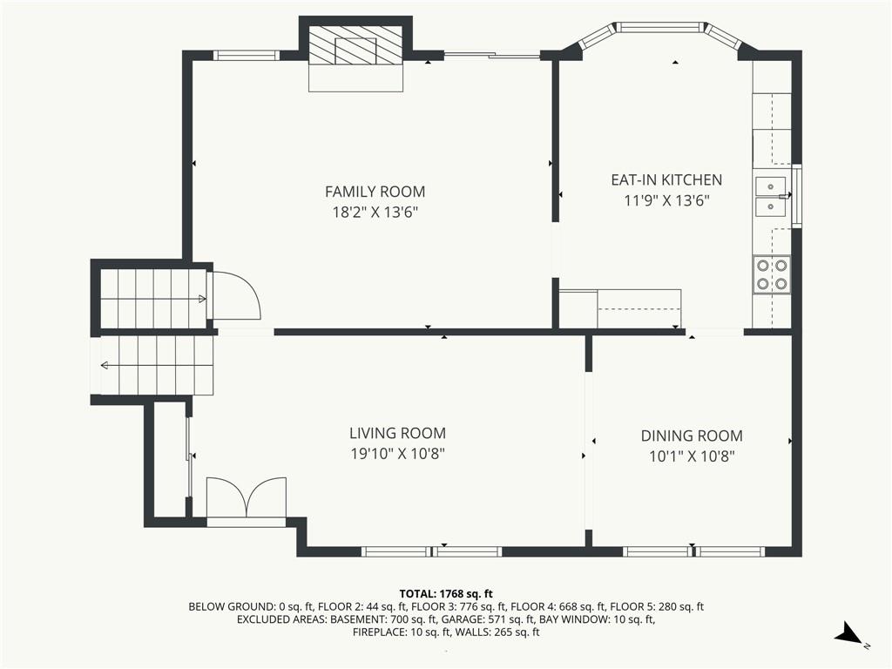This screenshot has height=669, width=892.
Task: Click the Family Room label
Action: click(x=375, y=192)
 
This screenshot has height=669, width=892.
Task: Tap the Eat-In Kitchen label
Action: click(x=666, y=179)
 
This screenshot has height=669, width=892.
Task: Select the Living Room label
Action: click(x=397, y=434)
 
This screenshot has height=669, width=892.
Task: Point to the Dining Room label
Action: click(x=692, y=436)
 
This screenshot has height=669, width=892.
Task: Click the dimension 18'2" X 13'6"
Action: click(x=375, y=213)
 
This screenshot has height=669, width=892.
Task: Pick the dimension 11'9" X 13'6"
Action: click(x=666, y=201)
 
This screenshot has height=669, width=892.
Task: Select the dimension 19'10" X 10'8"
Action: click(x=397, y=454)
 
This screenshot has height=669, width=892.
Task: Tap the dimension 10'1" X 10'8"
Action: click(x=692, y=456)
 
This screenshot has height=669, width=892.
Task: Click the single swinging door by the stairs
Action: click(x=234, y=295)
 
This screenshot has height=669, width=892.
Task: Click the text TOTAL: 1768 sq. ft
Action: click(x=446, y=594)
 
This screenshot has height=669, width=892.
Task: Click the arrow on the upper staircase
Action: click(x=202, y=300)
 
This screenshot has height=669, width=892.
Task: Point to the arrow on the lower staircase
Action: click(x=105, y=365)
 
